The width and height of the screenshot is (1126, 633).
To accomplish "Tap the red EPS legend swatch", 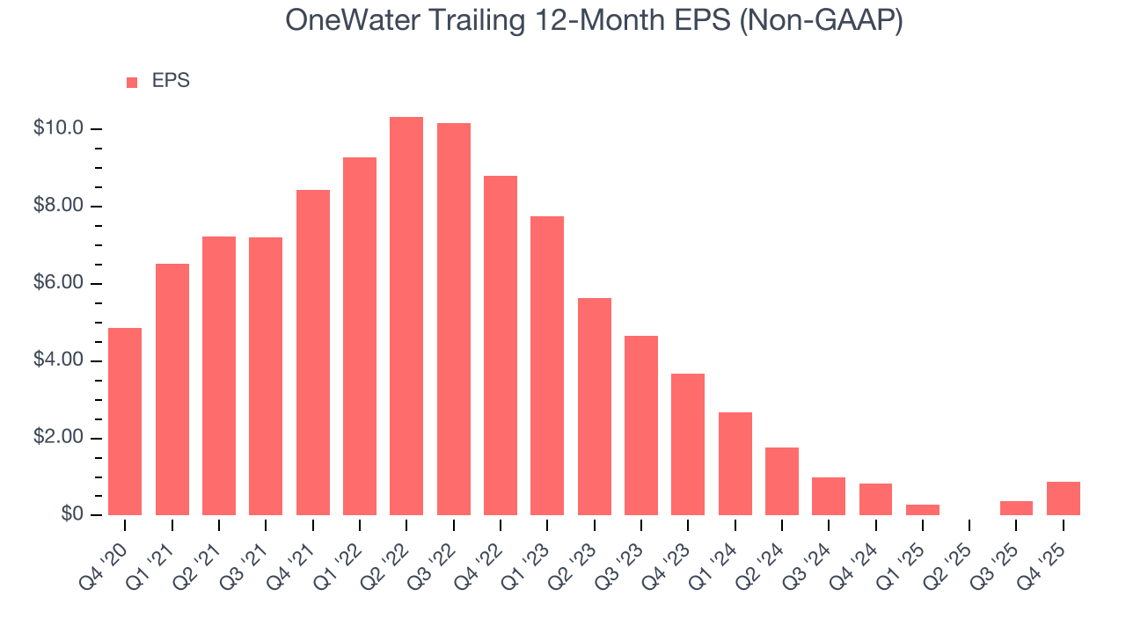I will click(132, 82).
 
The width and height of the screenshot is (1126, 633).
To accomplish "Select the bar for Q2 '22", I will click(406, 316).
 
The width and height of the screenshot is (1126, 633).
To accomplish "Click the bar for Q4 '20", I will click(125, 421).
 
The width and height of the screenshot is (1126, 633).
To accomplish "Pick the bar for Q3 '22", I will click(454, 318).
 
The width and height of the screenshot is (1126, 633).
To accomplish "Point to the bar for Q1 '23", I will click(547, 365).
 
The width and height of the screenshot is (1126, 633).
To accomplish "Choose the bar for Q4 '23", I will click(688, 444).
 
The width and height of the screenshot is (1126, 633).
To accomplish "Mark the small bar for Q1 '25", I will click(923, 510).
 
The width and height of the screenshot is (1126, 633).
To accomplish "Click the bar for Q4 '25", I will click(1064, 498).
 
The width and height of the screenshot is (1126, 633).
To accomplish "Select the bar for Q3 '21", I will click(266, 375).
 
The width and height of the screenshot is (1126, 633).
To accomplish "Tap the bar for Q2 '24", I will click(782, 481).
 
